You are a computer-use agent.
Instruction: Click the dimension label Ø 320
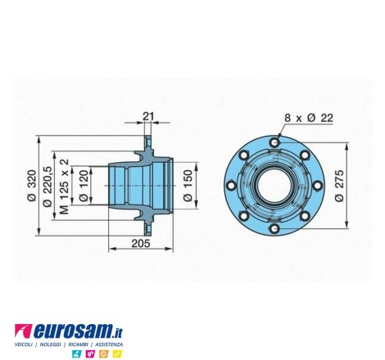click(x=32, y=185)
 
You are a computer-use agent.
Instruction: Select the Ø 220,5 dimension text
click(x=48, y=187)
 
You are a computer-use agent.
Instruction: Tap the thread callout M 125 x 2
click(x=64, y=187)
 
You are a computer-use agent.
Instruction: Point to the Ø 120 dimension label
click(x=84, y=186)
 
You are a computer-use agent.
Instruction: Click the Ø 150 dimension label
click(x=188, y=186)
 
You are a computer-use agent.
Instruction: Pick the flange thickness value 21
click(x=148, y=116)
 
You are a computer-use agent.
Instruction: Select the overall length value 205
click(x=141, y=243)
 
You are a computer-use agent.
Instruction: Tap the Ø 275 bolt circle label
click(x=340, y=186)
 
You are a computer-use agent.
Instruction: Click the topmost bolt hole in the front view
click(x=274, y=142)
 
